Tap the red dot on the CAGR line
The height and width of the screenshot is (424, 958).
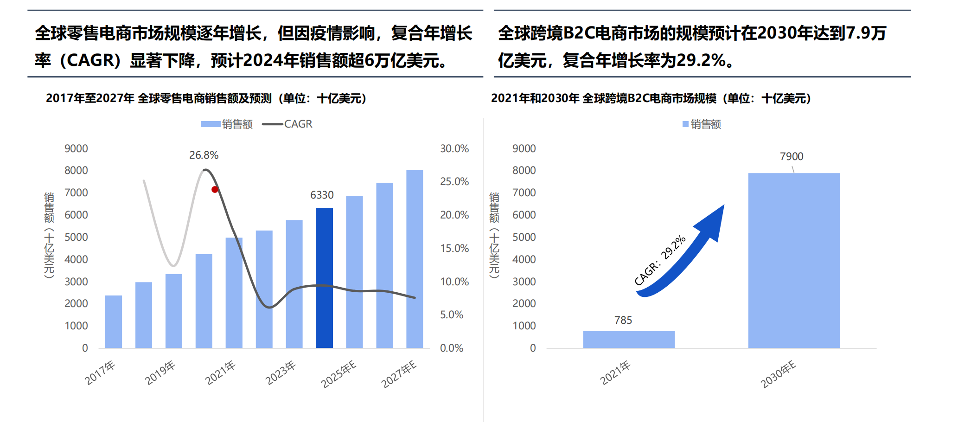[x=215, y=189]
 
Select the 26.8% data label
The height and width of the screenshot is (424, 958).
[x=204, y=155]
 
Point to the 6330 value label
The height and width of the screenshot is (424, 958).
[x=322, y=195]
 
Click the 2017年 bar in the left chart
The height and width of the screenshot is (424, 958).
[x=114, y=321]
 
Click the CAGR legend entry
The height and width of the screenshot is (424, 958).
[x=287, y=124]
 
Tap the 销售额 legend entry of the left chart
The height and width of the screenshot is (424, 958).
[x=227, y=124]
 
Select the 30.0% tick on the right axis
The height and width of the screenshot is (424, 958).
[x=454, y=148]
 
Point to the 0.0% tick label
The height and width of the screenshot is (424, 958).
[x=452, y=348]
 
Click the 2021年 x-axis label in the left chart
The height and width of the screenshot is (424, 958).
[x=220, y=373]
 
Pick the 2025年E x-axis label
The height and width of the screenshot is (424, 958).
[x=339, y=374]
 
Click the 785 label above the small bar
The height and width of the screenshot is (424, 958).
[x=623, y=320]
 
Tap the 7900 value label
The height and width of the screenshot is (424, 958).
[x=792, y=156]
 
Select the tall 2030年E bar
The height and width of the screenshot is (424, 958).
[x=794, y=260]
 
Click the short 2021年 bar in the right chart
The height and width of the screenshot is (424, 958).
[x=629, y=339]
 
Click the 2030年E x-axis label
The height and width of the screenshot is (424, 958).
[x=778, y=374]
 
